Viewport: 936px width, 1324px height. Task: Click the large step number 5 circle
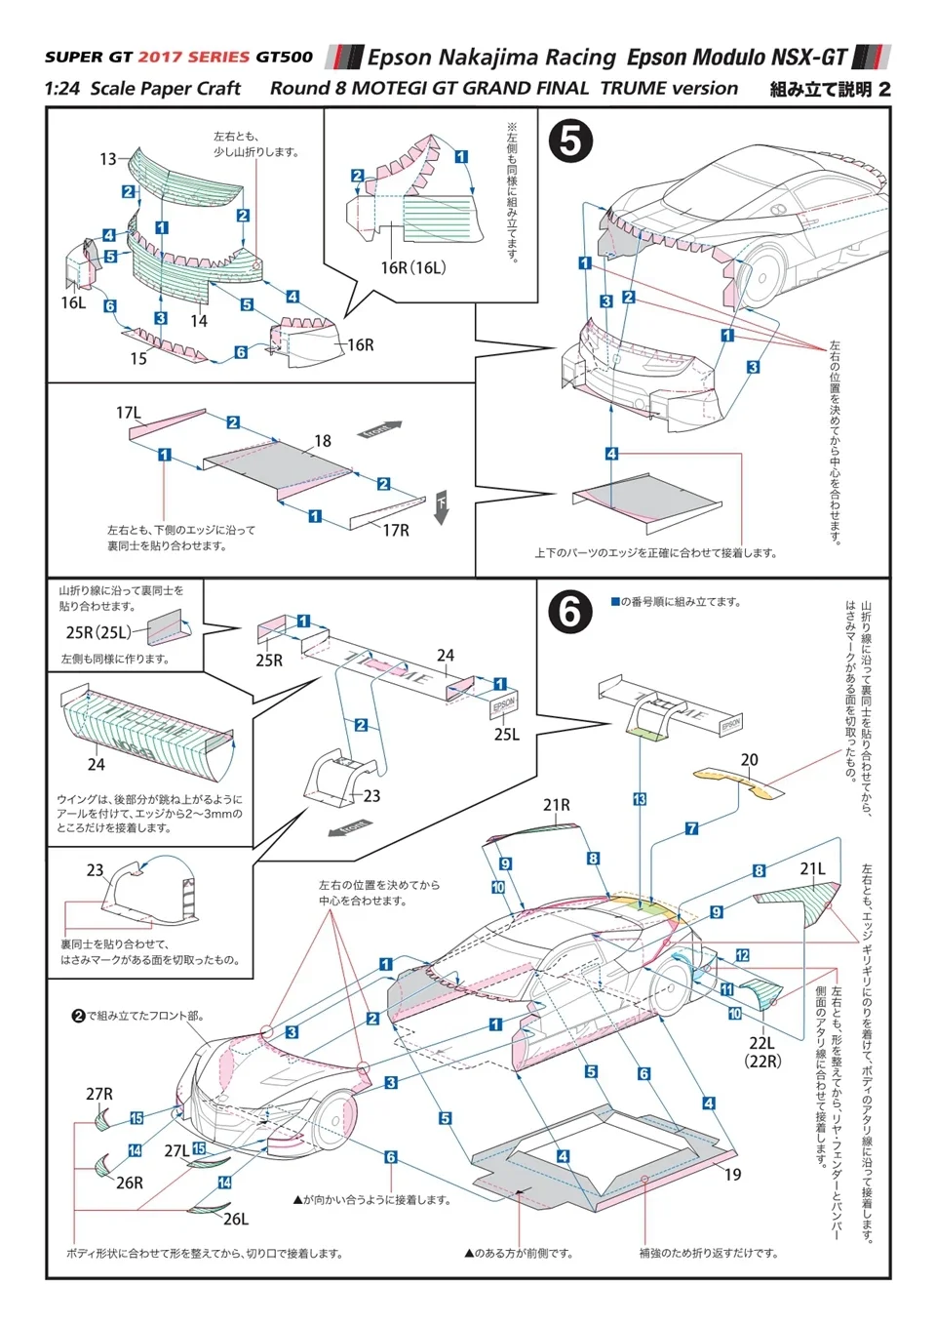pos(570,142)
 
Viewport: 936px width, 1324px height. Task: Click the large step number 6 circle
pos(570,613)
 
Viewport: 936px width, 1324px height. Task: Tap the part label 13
pos(107,159)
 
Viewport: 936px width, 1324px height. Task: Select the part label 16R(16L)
pos(412,267)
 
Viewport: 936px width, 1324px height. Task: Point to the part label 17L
pos(128,414)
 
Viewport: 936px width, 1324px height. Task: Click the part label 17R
pos(396,531)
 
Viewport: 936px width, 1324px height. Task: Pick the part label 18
pos(323,441)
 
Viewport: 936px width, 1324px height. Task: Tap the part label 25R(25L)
pos(97,632)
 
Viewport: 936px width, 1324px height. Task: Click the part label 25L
pos(506,735)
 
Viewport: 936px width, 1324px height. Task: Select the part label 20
pos(749,760)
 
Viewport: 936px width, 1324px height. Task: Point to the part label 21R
pos(557,805)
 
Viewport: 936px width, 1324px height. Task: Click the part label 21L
pos(812,868)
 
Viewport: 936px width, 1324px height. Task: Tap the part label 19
pos(732,1175)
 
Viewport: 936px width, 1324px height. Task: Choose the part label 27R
pos(99,1094)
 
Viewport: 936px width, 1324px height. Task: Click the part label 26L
pos(236,1219)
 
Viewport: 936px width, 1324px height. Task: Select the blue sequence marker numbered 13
pos(640,799)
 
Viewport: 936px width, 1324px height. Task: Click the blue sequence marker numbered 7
pos(691,828)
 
